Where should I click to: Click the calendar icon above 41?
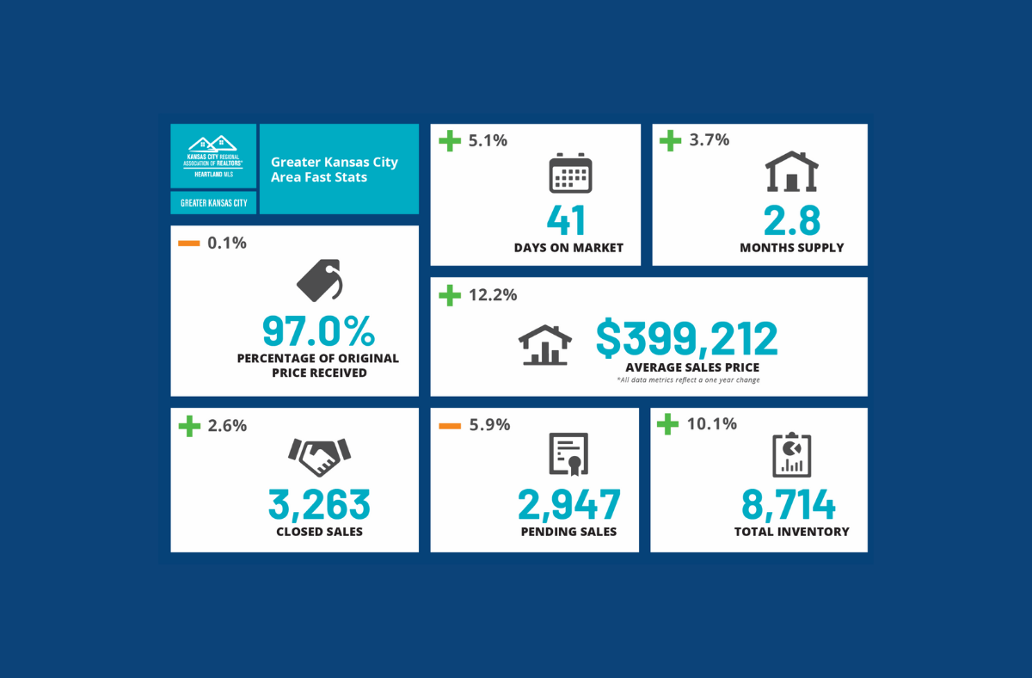570,175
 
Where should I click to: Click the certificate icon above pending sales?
568,453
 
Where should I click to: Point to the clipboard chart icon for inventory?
791,455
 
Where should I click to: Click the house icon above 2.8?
791,172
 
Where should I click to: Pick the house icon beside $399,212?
545,345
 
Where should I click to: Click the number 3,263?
319,504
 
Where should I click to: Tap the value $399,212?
686,339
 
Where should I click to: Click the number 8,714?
789,504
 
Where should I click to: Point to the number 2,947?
568,504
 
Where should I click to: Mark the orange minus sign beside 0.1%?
189,243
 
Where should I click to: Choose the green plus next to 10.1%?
667,423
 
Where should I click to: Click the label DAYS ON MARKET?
568,248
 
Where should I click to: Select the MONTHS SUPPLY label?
791,248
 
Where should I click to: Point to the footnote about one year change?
688,379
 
